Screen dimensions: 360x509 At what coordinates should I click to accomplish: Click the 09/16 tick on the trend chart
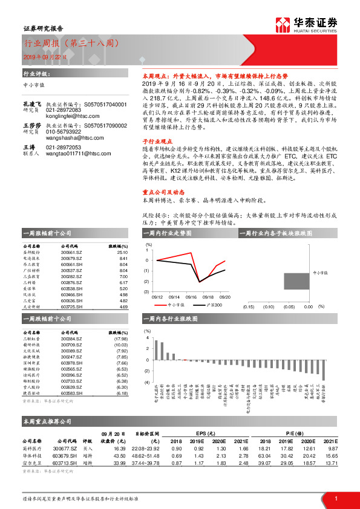point(191,297)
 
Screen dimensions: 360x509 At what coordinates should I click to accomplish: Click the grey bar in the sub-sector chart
point(296,281)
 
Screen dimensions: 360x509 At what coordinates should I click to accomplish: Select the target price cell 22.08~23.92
point(146,448)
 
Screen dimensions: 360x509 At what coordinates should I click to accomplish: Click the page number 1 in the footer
point(336,498)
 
